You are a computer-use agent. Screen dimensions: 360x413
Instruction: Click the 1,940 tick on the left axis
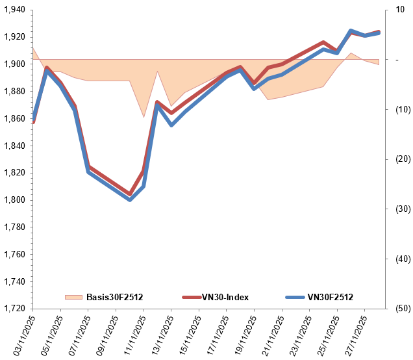[x=14, y=10]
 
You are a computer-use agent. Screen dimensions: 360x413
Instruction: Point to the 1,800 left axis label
[x=14, y=200]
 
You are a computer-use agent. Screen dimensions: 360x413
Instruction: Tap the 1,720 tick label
[x=14, y=309]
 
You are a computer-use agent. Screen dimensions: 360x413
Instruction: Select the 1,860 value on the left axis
[x=14, y=119]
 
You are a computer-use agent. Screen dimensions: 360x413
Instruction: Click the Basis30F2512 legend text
[x=114, y=298]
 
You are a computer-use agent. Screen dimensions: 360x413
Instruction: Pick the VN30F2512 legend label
[x=330, y=298]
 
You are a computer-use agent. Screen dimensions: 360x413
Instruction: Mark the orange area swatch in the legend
[x=74, y=298]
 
